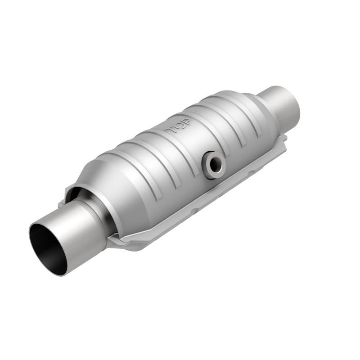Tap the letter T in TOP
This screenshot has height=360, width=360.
pos(172,131)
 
